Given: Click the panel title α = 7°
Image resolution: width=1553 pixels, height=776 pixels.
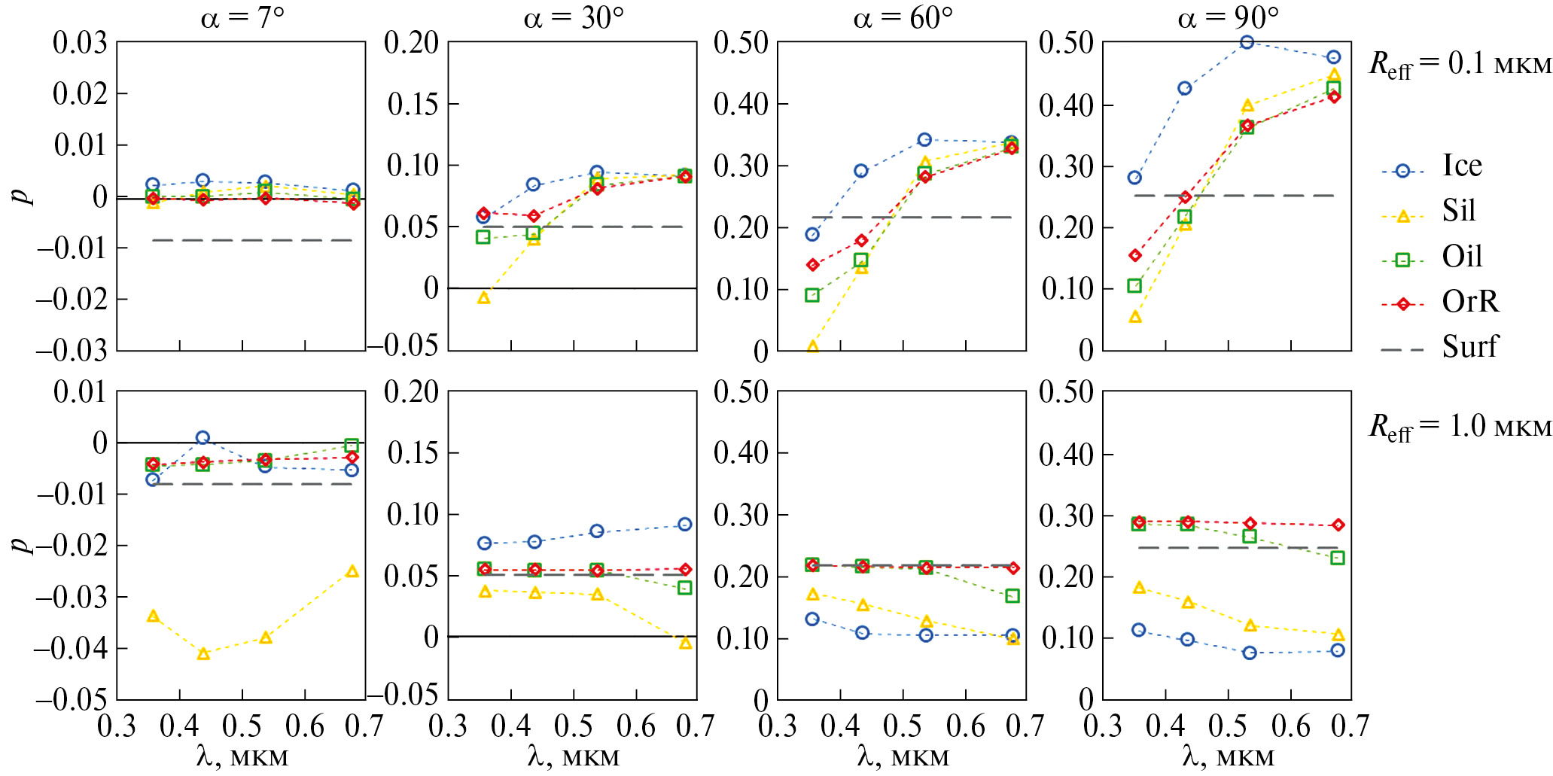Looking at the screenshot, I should (x=242, y=17).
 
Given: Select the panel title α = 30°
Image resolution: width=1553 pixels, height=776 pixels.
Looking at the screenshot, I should (x=573, y=17).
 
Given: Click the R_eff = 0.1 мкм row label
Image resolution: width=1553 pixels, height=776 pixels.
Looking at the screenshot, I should (x=1459, y=65).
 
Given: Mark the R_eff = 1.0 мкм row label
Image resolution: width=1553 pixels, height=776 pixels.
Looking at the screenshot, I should (x=1459, y=428).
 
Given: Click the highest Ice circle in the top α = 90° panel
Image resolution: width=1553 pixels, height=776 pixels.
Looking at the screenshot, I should (x=1247, y=42).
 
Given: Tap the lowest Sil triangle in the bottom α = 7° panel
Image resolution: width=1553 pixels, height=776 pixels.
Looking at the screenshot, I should (x=203, y=654).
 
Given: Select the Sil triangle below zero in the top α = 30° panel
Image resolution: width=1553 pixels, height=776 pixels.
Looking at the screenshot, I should (x=484, y=298).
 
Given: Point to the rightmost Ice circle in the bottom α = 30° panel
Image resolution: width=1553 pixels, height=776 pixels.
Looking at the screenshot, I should (x=684, y=525).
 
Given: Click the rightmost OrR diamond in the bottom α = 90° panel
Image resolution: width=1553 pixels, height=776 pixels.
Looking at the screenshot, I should (x=1338, y=525).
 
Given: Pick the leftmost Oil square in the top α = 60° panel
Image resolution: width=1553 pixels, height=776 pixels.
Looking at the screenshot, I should (x=812, y=295).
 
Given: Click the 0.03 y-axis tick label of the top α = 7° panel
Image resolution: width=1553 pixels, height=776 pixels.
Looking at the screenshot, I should (x=80, y=44).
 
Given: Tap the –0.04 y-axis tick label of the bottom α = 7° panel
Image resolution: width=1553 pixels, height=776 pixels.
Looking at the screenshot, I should (x=71, y=649).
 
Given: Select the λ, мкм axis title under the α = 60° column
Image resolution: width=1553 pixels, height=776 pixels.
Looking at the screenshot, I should (x=902, y=756).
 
